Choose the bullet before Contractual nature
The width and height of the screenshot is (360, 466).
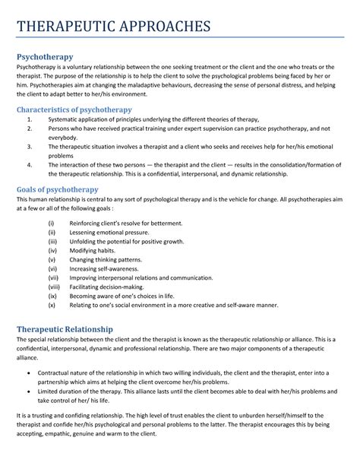point(28,374)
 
